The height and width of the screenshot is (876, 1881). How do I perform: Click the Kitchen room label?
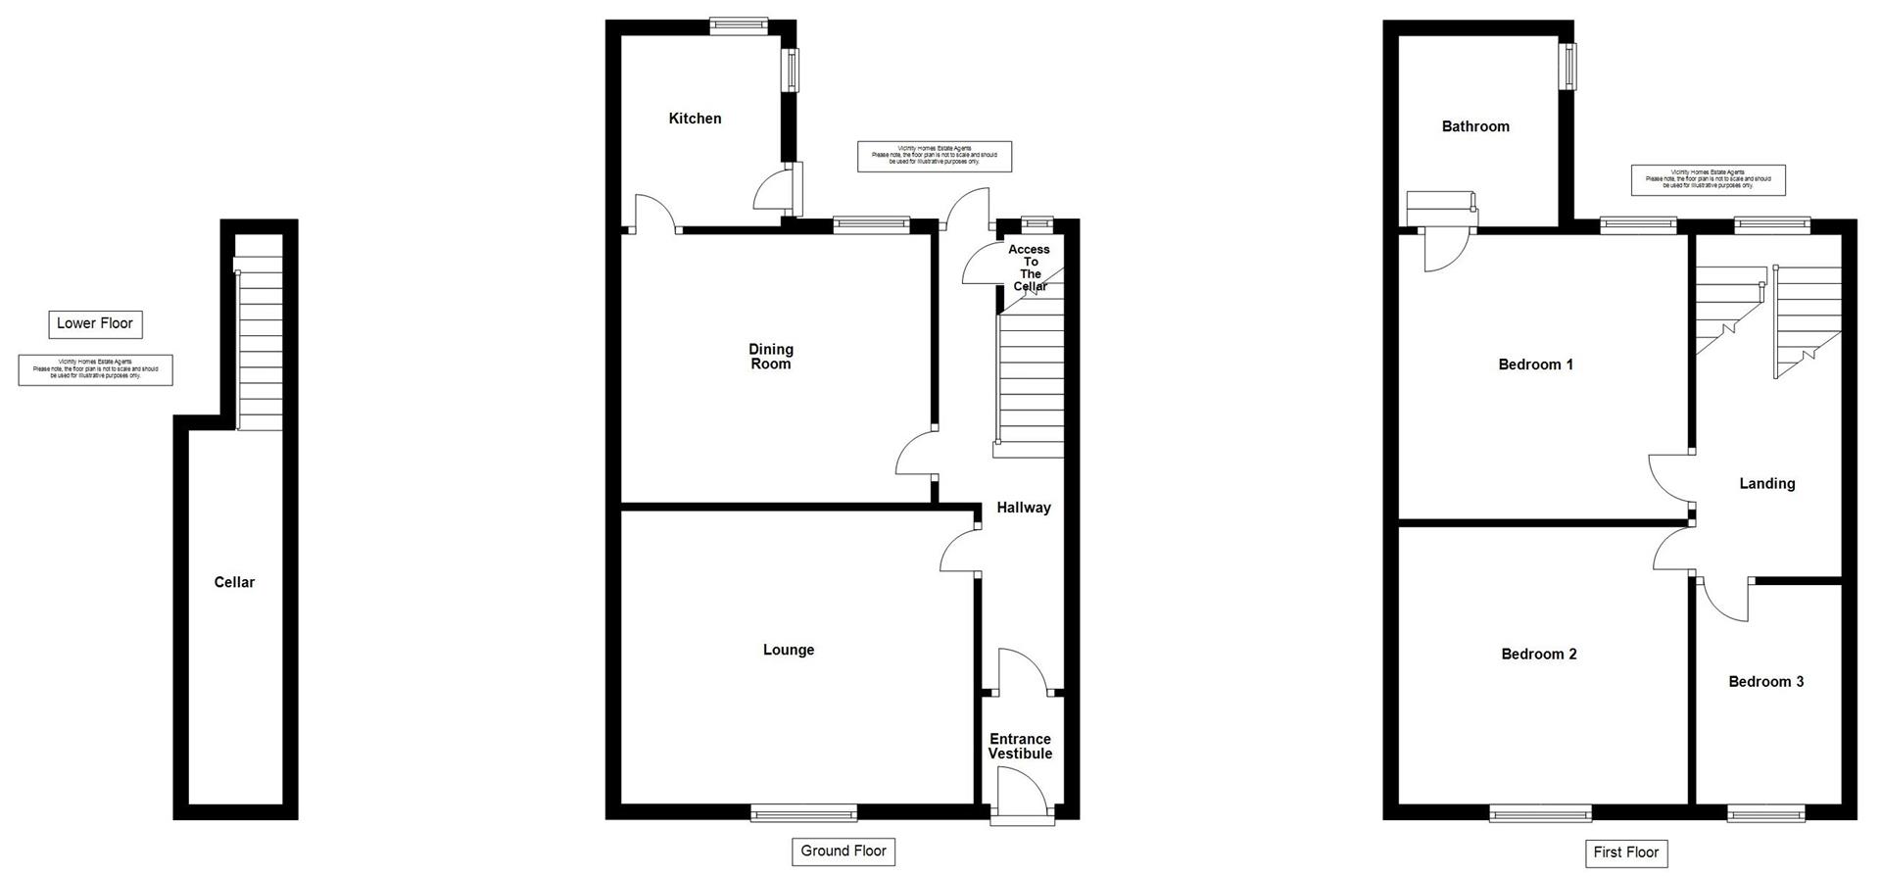(695, 119)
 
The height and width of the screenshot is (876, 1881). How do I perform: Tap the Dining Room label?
(771, 357)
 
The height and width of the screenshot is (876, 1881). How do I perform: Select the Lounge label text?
(789, 650)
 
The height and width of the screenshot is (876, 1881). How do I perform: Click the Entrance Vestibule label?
(1020, 747)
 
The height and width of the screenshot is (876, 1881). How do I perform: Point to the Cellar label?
(234, 582)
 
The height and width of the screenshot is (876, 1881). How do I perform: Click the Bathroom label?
(1475, 126)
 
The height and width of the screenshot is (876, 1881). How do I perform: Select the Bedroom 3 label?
(1765, 682)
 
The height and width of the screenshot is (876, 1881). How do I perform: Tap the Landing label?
(1766, 483)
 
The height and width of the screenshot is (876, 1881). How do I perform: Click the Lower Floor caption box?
(95, 323)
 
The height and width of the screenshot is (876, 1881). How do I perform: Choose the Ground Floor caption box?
(843, 851)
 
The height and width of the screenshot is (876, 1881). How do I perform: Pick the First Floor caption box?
(1625, 852)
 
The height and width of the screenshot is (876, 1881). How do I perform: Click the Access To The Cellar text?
(1030, 268)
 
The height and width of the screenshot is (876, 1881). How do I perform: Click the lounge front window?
(803, 812)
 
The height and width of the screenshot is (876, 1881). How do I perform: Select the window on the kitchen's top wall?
(739, 27)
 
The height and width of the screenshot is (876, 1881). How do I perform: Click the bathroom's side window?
(1570, 67)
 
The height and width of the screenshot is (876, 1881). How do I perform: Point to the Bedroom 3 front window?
(1765, 812)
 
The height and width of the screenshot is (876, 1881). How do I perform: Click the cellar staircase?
(261, 343)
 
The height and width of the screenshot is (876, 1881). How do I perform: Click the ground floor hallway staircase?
(1030, 382)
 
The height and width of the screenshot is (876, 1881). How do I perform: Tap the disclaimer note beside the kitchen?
(934, 156)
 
